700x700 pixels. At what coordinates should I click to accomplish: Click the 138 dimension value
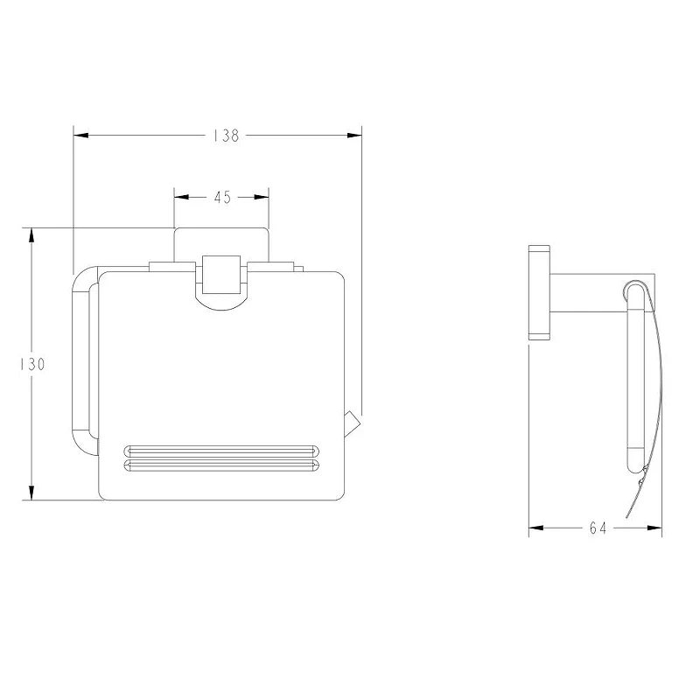coord(226,136)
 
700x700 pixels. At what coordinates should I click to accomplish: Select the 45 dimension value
coord(222,197)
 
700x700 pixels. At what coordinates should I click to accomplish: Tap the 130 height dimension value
coord(32,364)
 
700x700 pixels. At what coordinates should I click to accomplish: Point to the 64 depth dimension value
coord(598,528)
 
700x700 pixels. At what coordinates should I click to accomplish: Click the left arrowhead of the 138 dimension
coord(80,136)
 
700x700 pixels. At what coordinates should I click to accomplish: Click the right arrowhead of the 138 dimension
coord(354,136)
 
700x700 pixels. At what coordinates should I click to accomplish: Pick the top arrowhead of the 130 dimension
coord(31,235)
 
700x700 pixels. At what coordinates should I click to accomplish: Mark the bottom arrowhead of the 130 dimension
coord(31,493)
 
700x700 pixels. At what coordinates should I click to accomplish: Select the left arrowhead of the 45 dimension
coord(181,197)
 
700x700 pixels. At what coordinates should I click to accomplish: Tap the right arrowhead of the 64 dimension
coord(654,528)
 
